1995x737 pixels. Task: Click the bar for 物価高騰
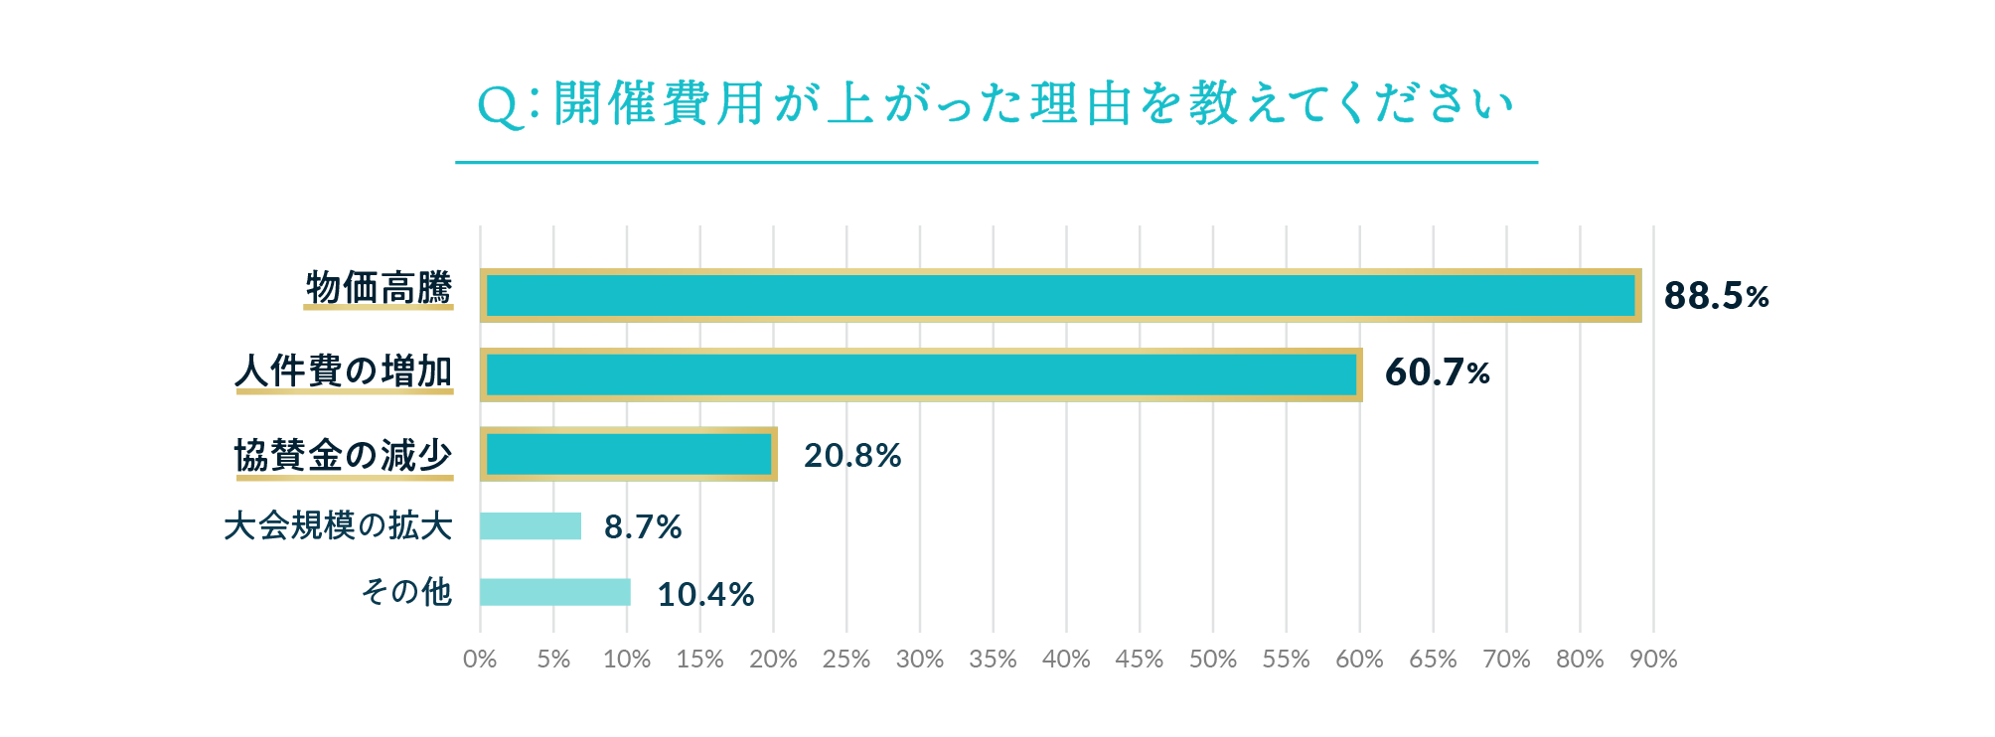click(x=1060, y=295)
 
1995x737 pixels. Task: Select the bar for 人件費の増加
click(x=921, y=374)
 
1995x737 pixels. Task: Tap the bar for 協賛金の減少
click(x=629, y=454)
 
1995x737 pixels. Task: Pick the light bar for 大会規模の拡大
click(x=531, y=525)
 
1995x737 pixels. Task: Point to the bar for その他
click(x=554, y=592)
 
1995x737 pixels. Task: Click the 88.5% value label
click(x=1716, y=296)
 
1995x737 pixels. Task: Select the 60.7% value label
click(x=1437, y=372)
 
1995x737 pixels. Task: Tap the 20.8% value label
click(x=852, y=455)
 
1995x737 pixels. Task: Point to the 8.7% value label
click(x=643, y=526)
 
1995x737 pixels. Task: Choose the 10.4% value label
click(x=705, y=594)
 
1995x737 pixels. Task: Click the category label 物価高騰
click(x=379, y=287)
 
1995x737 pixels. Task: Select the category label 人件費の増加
click(x=344, y=370)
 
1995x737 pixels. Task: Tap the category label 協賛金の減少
click(x=344, y=455)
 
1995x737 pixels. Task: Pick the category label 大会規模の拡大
click(x=338, y=525)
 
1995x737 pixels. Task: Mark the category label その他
click(x=406, y=592)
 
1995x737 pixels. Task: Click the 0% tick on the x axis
click(x=480, y=660)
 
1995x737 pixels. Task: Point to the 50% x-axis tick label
click(x=1213, y=660)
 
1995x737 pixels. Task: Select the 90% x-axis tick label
click(x=1653, y=660)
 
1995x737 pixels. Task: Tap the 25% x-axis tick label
click(x=846, y=660)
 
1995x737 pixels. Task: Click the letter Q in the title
click(x=500, y=106)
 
